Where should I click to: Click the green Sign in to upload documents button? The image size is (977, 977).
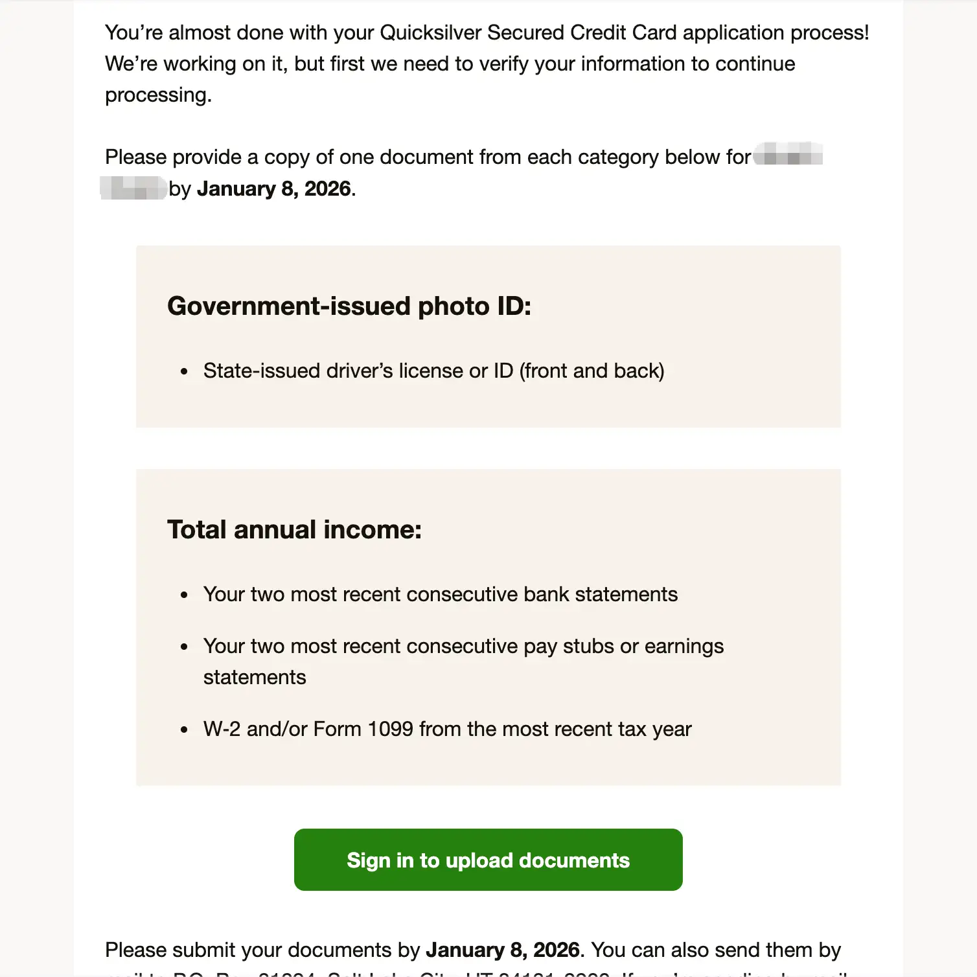click(488, 860)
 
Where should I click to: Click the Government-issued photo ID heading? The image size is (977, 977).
click(349, 306)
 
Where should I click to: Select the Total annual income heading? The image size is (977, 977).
click(294, 530)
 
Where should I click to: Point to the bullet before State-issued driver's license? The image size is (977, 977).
click(185, 372)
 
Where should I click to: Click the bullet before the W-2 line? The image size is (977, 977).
click(185, 730)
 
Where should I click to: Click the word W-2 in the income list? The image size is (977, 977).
click(222, 730)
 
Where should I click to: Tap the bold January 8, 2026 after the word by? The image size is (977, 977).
click(274, 189)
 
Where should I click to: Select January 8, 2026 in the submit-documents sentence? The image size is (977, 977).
click(502, 950)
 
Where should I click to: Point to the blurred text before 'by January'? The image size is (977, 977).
click(134, 188)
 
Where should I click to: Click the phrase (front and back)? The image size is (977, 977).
click(592, 371)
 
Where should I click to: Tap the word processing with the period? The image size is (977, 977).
click(158, 95)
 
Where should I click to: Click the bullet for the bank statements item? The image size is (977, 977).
click(185, 595)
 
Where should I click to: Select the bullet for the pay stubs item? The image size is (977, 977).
click(185, 647)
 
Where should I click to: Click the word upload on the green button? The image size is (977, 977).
click(479, 860)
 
